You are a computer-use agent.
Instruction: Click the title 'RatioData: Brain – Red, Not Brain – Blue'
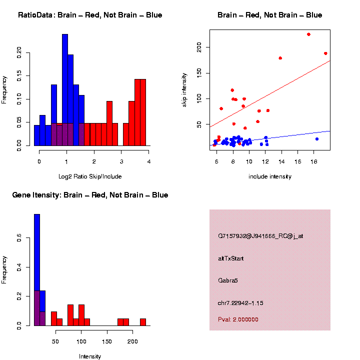tap(90, 15)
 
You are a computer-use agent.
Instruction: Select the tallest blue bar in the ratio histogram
tap(65, 90)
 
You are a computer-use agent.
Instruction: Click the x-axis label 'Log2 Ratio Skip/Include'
tap(90, 176)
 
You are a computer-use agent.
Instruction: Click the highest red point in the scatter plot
tap(308, 34)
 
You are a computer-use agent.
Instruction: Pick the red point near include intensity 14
tap(280, 58)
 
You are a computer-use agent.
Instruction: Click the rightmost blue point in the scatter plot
tap(317, 139)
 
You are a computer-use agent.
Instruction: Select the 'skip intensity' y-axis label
tap(184, 89)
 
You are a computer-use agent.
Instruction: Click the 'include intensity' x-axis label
tap(270, 176)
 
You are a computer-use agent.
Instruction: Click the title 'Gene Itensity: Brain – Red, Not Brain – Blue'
tap(90, 195)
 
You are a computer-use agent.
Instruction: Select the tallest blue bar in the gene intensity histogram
tap(36, 270)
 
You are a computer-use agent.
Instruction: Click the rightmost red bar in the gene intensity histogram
tap(143, 322)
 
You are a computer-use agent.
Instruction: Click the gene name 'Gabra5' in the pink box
tap(228, 280)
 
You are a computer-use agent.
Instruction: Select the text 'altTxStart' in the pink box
tap(231, 258)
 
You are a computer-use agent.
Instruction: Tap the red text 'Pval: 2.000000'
tap(238, 319)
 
